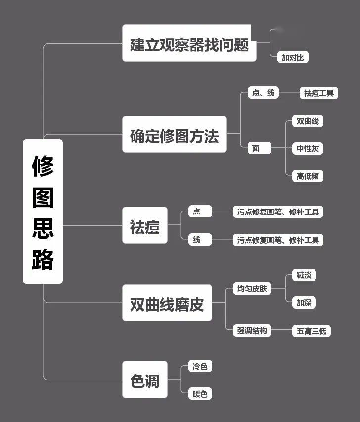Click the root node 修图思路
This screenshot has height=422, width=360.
(x=43, y=211)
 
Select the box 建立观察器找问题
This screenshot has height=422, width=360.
(x=189, y=43)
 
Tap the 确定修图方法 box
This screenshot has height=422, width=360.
(x=175, y=134)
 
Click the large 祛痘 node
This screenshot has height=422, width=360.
(x=145, y=225)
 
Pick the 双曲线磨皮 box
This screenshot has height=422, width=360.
(x=167, y=303)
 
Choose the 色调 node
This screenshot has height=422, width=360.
(x=145, y=380)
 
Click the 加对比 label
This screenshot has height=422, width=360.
(x=293, y=57)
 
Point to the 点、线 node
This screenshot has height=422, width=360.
(x=263, y=93)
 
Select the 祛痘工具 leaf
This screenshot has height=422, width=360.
(x=319, y=93)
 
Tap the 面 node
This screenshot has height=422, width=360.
(x=259, y=148)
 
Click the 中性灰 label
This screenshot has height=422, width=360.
(x=308, y=148)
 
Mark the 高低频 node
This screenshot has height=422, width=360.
(x=308, y=176)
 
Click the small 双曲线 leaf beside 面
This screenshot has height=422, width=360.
(x=308, y=121)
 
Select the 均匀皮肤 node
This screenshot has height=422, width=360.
(x=252, y=288)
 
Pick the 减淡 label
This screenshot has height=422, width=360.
(x=304, y=275)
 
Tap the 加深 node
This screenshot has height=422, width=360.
(x=304, y=303)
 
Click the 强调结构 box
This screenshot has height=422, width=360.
(x=252, y=330)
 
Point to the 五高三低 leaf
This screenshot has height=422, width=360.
(x=312, y=331)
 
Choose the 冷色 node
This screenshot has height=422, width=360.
(x=200, y=366)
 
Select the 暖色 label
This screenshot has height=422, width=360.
(x=200, y=394)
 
